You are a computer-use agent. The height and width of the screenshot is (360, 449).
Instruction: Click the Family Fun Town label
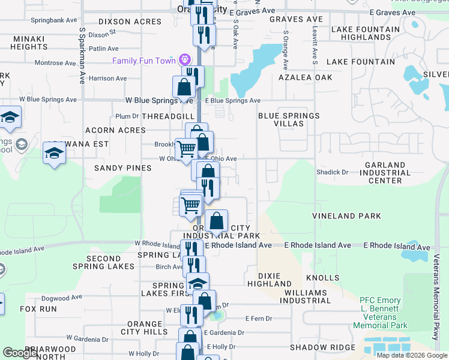tap(144, 61)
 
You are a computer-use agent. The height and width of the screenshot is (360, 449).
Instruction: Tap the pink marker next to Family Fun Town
tap(184, 60)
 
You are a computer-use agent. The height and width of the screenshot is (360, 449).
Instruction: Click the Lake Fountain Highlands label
tap(365, 33)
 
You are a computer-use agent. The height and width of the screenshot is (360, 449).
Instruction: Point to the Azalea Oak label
tap(306, 77)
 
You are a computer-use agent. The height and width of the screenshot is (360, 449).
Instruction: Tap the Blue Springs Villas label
tap(289, 119)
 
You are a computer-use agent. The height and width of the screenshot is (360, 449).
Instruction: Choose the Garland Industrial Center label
tap(385, 173)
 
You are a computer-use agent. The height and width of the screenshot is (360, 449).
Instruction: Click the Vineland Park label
tap(346, 215)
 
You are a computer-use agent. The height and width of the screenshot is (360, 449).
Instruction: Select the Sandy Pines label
tap(123, 168)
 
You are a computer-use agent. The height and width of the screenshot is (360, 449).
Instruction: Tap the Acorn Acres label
tap(112, 130)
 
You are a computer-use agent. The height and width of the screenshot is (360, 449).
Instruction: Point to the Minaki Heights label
tap(29, 43)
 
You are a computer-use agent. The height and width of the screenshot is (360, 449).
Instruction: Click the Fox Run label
tap(38, 309)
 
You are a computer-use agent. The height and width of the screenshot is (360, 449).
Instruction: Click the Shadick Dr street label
tap(333, 172)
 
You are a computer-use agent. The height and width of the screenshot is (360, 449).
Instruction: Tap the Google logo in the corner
tap(20, 353)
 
